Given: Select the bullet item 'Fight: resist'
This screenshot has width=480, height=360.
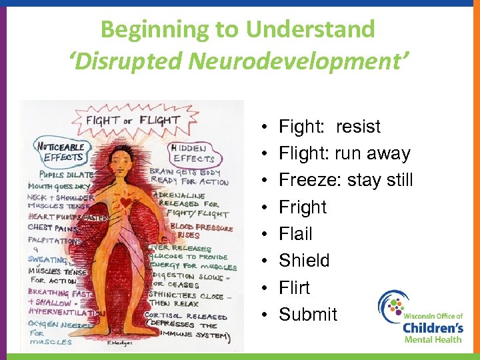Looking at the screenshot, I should [329, 127].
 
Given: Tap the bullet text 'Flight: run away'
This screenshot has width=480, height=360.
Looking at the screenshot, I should [344, 153].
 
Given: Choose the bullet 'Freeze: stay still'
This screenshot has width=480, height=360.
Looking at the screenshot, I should [345, 180].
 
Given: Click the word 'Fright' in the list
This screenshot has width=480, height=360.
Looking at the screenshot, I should [303, 207].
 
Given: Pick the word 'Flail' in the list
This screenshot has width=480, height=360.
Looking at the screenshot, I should [295, 234].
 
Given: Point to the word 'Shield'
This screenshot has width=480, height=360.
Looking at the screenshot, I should [304, 261].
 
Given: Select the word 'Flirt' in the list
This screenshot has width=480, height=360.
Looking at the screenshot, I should [294, 287].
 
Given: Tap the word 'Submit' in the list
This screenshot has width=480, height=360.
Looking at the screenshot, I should [308, 314].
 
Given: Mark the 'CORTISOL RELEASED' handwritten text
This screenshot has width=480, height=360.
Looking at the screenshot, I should [188, 317].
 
